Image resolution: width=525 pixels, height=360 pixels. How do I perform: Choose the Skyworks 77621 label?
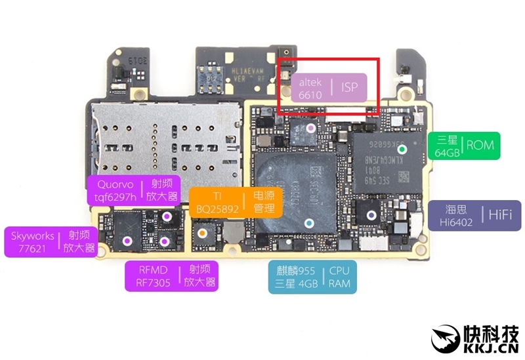click(51, 241)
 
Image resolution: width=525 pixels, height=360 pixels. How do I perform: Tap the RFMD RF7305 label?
click(171, 275)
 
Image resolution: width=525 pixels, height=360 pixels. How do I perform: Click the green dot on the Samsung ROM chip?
click(402, 149)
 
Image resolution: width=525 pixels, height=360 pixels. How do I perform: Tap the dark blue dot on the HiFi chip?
click(371, 214)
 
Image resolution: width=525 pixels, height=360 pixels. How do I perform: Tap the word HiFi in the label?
click(502, 215)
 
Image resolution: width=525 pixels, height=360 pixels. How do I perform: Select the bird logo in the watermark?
click(448, 338)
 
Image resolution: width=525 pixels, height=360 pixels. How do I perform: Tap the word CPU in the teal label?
click(339, 270)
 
